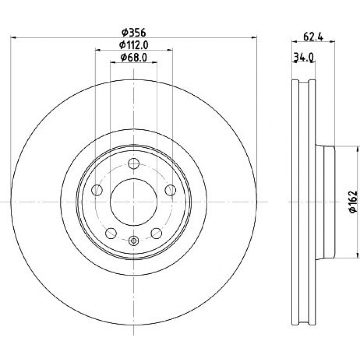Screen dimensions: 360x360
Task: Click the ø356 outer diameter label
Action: pyautogui.click(x=134, y=33)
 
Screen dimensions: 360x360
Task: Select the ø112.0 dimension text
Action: pyautogui.click(x=134, y=45)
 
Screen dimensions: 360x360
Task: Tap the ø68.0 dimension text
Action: pyautogui.click(x=134, y=57)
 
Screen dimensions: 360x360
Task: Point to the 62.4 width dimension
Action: pyautogui.click(x=313, y=37)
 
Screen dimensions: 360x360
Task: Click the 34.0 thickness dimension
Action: pyautogui.click(x=304, y=57)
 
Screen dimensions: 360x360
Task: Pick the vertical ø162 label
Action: pyautogui.click(x=353, y=202)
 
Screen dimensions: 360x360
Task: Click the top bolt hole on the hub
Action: pyautogui.click(x=134, y=164)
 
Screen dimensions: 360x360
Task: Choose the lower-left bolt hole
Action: pyautogui.click(x=111, y=233)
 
